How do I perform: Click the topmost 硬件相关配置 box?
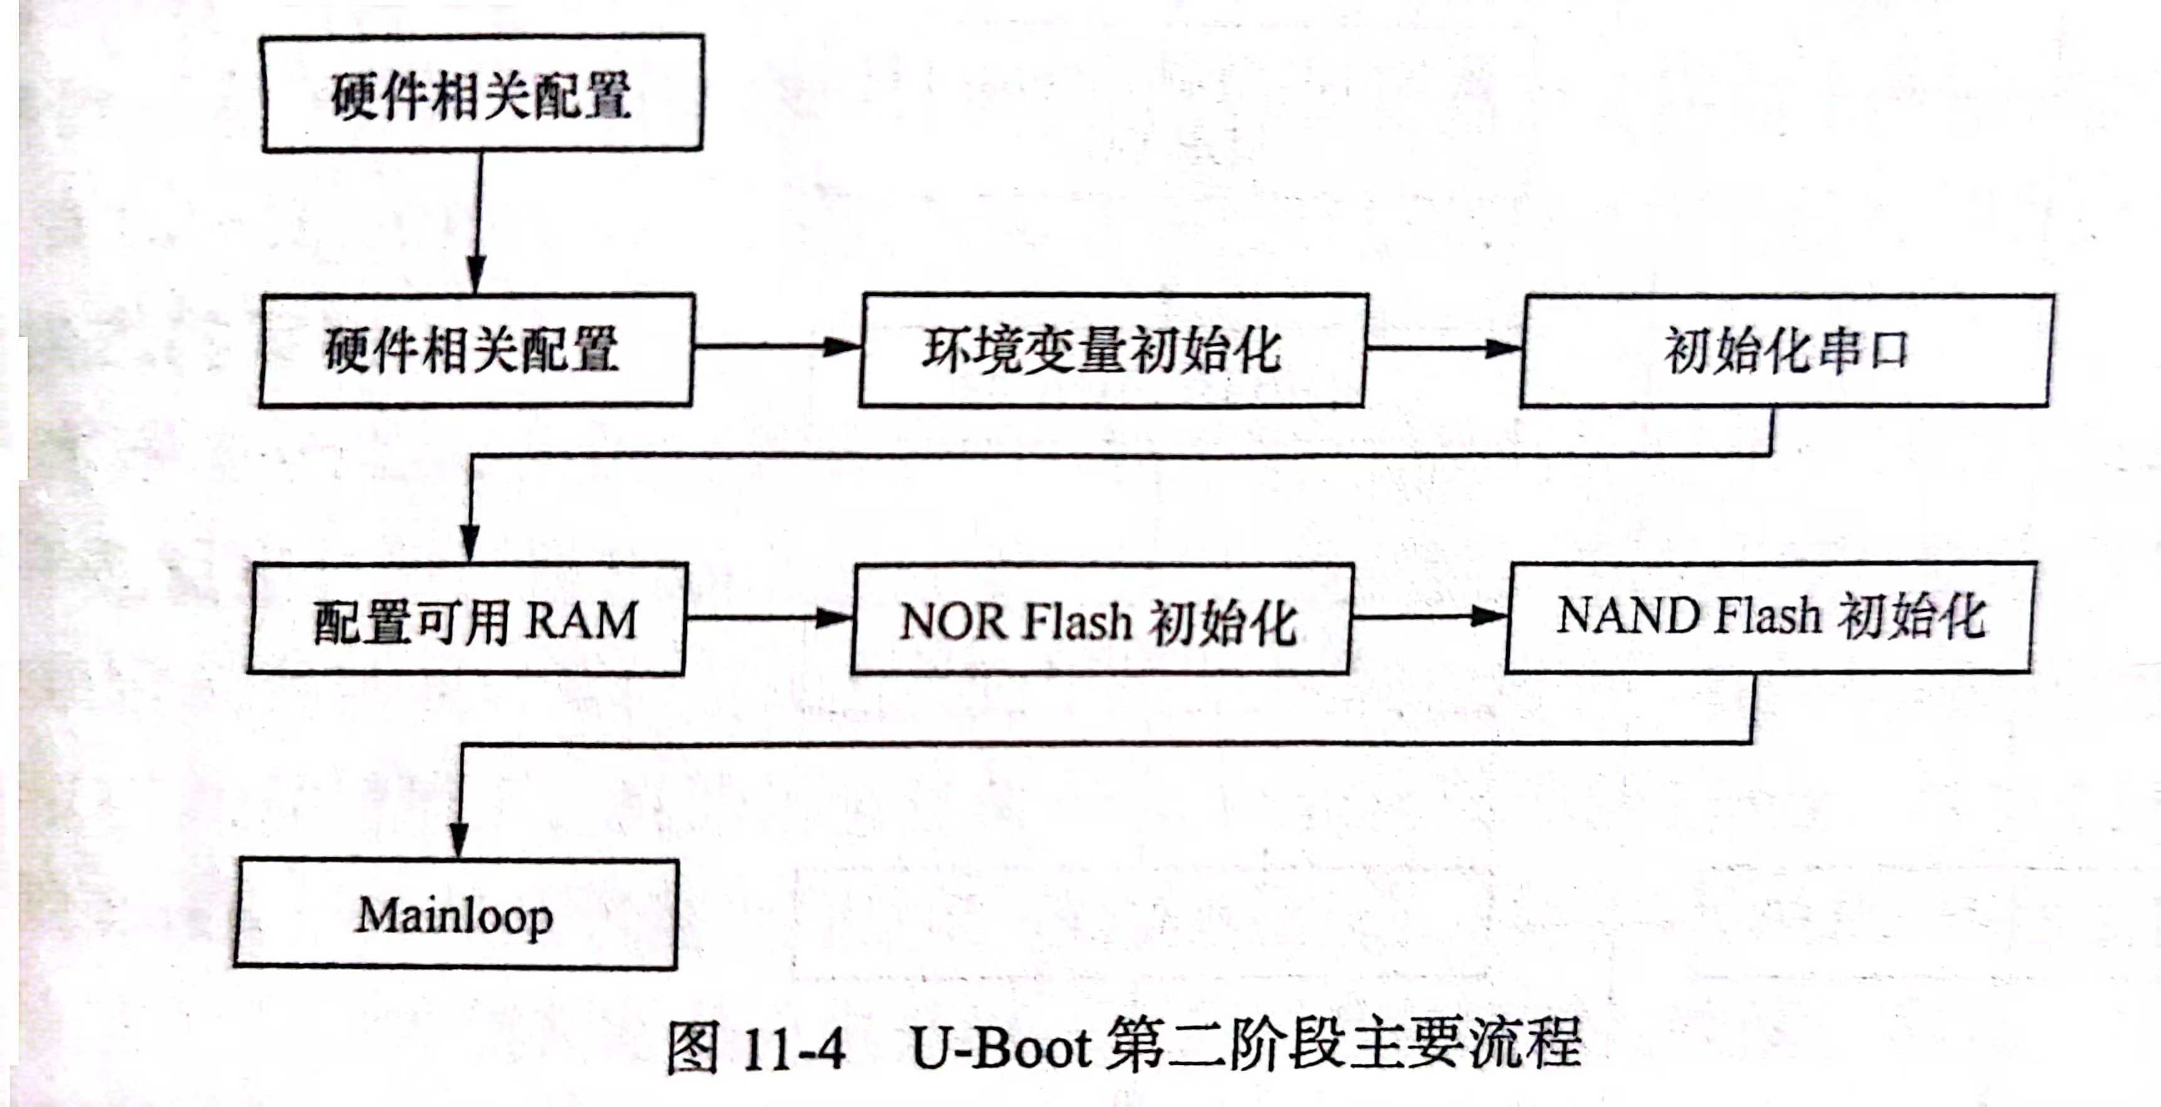pos(482,93)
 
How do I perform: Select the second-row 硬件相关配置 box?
pos(477,350)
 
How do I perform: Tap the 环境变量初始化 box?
pos(1112,350)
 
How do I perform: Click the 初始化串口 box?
pos(1785,350)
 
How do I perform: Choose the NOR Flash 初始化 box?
pos(1101,619)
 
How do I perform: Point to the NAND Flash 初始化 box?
pos(1770,617)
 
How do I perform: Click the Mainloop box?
pos(455,914)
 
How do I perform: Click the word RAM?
pos(582,621)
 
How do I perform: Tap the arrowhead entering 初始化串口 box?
pos(1504,348)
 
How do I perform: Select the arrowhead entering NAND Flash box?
pos(1489,617)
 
